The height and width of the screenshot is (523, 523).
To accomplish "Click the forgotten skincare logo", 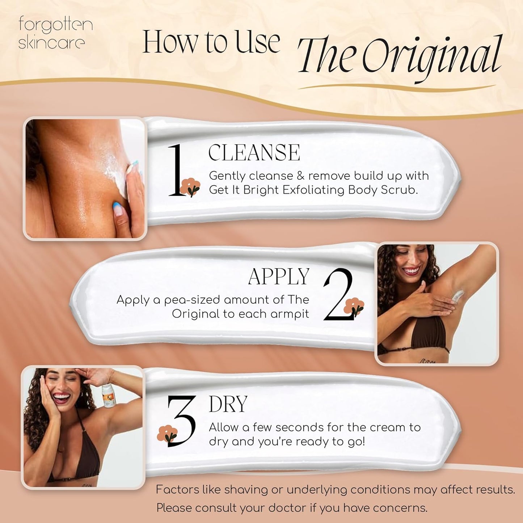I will coord(55,33).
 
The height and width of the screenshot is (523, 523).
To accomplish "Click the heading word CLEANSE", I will coord(254,152).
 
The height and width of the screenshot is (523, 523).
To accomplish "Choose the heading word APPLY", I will coord(279,277).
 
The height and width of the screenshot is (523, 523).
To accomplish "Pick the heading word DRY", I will coord(228,404).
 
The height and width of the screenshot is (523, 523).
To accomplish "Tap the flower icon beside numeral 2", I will coord(354,307).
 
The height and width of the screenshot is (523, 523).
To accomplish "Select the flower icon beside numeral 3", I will coord(168,434).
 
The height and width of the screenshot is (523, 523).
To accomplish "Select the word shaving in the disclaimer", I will coord(246,490).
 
